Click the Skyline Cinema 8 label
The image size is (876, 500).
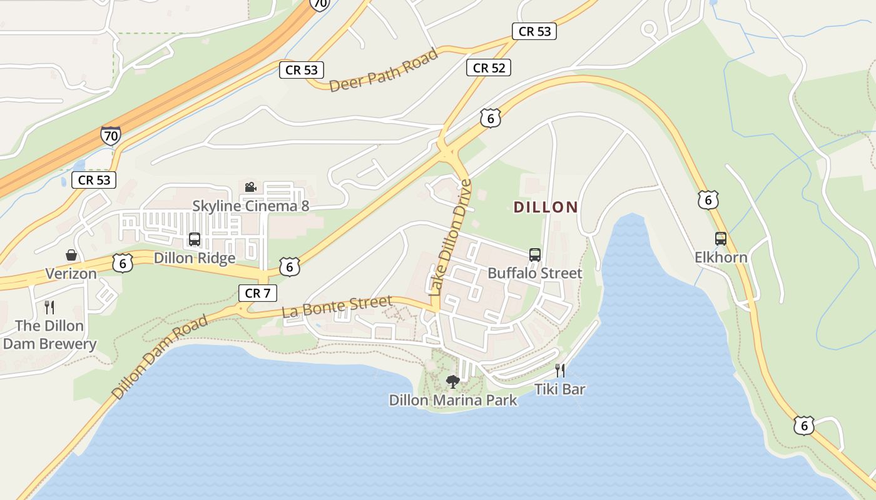250,206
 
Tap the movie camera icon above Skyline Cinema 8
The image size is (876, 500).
250,187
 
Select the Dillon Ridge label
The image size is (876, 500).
195,257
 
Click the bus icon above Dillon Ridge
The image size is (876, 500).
195,239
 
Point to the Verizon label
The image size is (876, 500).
71,274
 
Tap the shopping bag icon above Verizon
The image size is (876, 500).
71,255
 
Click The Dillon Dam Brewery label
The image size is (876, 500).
49,335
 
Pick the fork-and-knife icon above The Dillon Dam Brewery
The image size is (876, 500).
49,307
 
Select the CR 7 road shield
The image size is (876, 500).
257,292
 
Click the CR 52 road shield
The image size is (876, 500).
489,67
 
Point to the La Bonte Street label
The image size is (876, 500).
337,307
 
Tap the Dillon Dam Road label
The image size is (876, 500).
160,357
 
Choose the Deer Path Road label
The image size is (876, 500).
384,71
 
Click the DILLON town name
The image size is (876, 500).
546,207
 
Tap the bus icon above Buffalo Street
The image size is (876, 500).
535,254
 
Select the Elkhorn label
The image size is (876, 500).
721,257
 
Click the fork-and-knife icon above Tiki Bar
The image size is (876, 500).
560,371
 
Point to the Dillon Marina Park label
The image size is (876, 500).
453,400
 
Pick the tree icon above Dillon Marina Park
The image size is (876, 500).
452,381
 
